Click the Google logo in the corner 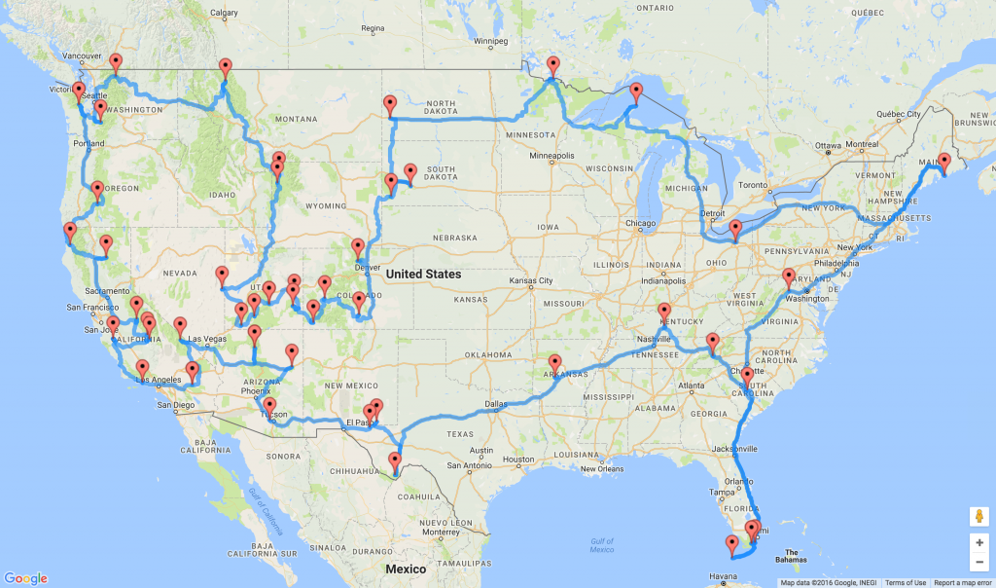[24, 578]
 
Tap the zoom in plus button [978, 543]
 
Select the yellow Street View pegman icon [978, 516]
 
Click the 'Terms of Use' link [905, 583]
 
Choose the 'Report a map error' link [963, 583]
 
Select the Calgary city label [224, 13]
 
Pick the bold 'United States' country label [423, 275]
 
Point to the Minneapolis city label [551, 155]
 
